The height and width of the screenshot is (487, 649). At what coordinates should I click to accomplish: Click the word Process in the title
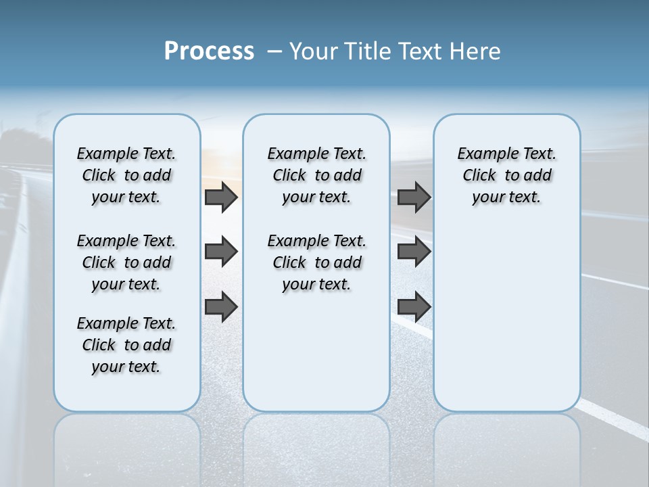[x=209, y=51]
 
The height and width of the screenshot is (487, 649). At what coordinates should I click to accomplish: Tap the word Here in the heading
[x=475, y=51]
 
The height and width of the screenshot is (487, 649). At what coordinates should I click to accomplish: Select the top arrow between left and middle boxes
[x=221, y=198]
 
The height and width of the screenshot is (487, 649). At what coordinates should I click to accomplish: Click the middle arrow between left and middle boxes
[x=221, y=252]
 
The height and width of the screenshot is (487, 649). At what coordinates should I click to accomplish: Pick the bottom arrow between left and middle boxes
[x=221, y=307]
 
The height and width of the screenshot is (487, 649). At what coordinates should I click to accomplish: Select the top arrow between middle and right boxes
[x=414, y=198]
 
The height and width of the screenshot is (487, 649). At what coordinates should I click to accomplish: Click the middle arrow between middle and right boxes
[x=414, y=252]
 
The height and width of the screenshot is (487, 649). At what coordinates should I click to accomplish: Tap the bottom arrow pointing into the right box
[x=414, y=307]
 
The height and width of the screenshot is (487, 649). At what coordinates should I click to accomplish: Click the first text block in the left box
[x=126, y=175]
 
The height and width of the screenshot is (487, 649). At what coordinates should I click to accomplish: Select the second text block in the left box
[x=126, y=262]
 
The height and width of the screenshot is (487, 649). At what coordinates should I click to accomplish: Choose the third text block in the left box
[x=126, y=345]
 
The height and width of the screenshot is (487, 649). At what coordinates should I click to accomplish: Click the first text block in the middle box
[x=316, y=175]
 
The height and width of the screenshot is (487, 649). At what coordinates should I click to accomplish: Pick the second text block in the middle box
[x=316, y=262]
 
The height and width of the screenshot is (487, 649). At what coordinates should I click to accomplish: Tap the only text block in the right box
[x=506, y=175]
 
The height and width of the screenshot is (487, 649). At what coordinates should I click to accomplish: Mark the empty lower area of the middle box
[x=316, y=352]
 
